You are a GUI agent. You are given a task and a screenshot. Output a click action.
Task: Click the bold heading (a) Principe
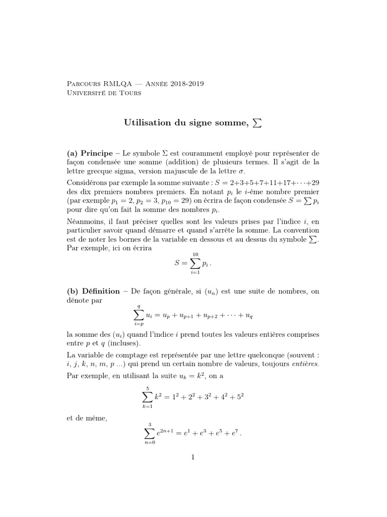(88, 153)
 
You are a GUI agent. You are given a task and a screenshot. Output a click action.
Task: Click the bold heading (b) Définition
(93, 291)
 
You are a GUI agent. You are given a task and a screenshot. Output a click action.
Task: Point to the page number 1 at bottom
(192, 458)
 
